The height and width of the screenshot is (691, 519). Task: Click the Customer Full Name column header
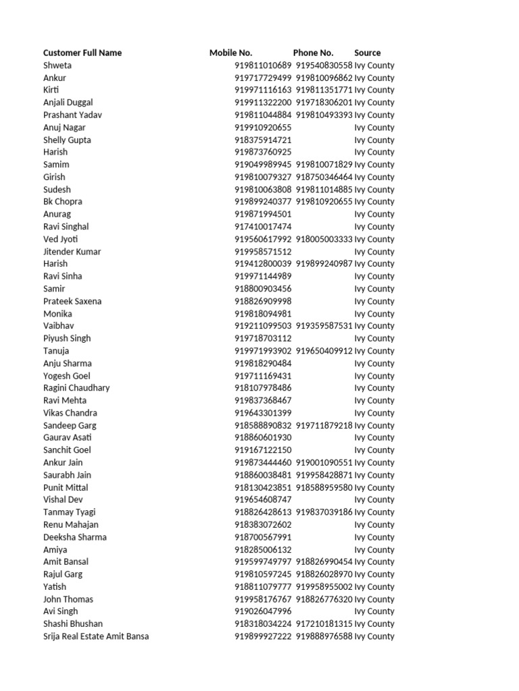[x=82, y=53]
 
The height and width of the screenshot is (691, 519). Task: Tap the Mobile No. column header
[x=230, y=53]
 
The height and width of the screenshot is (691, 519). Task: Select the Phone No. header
[x=313, y=53]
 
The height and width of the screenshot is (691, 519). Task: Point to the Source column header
[x=367, y=53]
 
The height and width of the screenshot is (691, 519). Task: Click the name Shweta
[x=57, y=65]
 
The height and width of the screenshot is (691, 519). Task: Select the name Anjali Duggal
[x=68, y=103]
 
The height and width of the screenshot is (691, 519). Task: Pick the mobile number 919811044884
[x=263, y=115]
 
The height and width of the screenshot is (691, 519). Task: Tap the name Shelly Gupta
[x=67, y=140]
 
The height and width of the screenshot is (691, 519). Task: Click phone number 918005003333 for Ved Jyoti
[x=324, y=239]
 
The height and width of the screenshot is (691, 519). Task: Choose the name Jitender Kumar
[x=72, y=252]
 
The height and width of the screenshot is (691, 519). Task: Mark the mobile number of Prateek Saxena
[x=263, y=301]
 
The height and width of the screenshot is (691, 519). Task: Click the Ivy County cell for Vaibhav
[x=374, y=326]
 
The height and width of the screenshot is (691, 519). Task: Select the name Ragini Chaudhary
[x=76, y=388]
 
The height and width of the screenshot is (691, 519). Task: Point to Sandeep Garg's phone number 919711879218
[x=324, y=425]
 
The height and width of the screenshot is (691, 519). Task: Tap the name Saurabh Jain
[x=67, y=475]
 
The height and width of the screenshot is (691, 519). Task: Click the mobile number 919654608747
[x=263, y=499]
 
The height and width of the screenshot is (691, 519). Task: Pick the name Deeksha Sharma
[x=75, y=537]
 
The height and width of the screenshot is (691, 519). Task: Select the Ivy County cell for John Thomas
[x=374, y=599]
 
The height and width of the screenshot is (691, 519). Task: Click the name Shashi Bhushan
[x=73, y=624]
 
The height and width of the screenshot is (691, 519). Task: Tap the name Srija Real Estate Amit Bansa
[x=96, y=636]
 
